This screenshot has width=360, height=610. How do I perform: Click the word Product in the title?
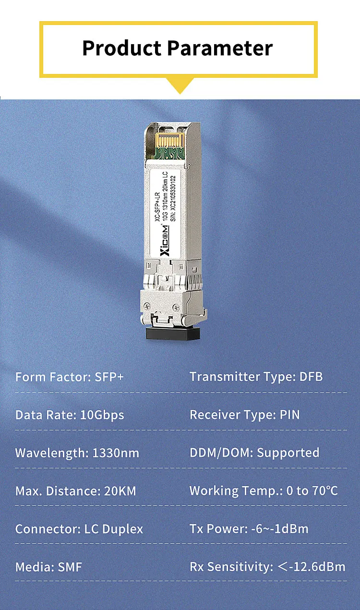pyautogui.click(x=121, y=48)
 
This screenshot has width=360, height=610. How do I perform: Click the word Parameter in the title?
pyautogui.click(x=220, y=48)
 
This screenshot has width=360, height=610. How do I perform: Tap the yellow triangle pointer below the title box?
pyautogui.click(x=180, y=85)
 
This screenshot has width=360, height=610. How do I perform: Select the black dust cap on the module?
pyautogui.click(x=173, y=333)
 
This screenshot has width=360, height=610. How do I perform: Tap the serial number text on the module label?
pyautogui.click(x=173, y=198)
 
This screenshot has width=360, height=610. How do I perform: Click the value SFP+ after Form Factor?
pyautogui.click(x=109, y=377)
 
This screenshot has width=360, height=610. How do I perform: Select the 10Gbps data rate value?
pyautogui.click(x=102, y=415)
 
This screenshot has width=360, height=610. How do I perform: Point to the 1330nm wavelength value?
pyautogui.click(x=116, y=453)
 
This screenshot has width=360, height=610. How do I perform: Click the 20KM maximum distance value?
pyautogui.click(x=120, y=491)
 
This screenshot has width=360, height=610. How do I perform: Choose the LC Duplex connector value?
pyautogui.click(x=113, y=529)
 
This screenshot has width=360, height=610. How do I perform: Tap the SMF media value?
pyautogui.click(x=70, y=567)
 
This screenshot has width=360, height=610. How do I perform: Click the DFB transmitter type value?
pyautogui.click(x=311, y=377)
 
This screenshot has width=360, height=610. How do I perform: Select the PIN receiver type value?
pyautogui.click(x=290, y=415)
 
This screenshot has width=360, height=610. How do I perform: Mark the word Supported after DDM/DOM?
pyautogui.click(x=288, y=453)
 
